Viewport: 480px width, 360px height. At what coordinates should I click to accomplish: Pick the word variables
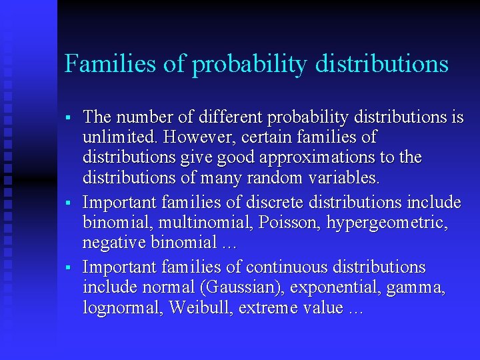[346, 178]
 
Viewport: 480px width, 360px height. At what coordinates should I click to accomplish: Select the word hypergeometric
[389, 222]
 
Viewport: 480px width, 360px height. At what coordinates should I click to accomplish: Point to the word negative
[113, 242]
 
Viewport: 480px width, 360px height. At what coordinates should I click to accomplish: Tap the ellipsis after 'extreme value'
[355, 309]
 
